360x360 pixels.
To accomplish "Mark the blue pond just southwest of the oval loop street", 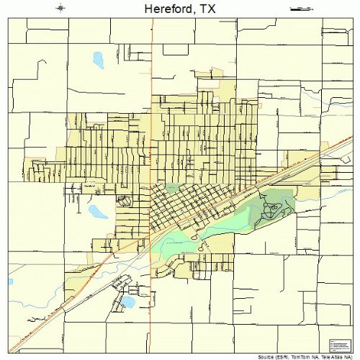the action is point(96,211).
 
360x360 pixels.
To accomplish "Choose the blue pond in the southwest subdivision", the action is point(128,300).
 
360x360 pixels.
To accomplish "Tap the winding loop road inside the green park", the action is point(273,209).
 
